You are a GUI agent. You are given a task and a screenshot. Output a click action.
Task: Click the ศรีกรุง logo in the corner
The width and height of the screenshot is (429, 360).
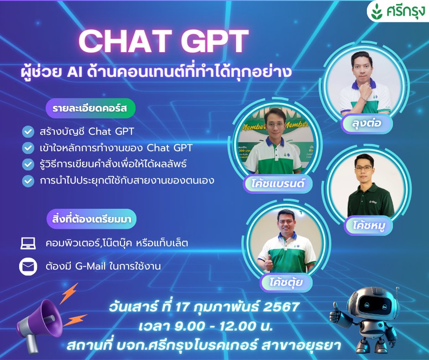398,11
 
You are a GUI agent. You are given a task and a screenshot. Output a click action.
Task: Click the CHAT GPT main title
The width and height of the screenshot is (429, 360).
163,41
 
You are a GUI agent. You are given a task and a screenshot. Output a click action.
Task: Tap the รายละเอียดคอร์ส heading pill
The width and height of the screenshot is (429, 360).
90,108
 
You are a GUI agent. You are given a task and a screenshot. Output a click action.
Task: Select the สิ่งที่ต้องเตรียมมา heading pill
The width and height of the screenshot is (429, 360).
91,219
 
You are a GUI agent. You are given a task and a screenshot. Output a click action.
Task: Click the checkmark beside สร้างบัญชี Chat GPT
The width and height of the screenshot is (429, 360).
28,132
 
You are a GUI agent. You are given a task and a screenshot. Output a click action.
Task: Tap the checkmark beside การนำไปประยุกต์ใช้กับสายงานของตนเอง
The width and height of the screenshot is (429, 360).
28,181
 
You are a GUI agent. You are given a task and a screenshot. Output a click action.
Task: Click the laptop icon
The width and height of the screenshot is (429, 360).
28,243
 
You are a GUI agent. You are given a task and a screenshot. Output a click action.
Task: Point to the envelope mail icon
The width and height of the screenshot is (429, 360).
28,266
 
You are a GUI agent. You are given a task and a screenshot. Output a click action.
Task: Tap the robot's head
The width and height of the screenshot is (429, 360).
373,303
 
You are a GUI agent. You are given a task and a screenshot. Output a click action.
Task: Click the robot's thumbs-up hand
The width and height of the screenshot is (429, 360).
336,313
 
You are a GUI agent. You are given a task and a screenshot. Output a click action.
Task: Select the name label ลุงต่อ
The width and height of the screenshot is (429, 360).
366,123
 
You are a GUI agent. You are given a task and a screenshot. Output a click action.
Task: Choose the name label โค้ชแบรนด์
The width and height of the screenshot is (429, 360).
277,183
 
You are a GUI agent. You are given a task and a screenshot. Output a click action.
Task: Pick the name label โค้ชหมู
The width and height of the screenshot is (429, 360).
369,226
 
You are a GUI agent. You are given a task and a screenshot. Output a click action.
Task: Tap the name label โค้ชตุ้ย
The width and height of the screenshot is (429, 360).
286,282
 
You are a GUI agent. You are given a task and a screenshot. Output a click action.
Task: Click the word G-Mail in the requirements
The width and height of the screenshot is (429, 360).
90,266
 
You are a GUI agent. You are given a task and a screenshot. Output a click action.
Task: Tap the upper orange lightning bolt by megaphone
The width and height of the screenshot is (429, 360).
69,293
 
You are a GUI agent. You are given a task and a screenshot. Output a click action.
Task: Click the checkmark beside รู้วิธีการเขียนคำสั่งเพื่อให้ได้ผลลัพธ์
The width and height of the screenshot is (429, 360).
28,164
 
